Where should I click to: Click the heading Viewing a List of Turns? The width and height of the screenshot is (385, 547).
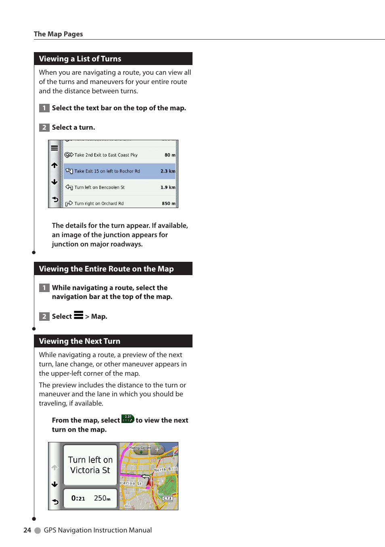80,59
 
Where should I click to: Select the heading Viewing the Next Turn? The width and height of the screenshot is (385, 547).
80,341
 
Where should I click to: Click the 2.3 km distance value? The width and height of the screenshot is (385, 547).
168,171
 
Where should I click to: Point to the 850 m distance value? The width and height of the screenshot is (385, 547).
169,204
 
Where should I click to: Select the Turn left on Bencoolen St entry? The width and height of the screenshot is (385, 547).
99,187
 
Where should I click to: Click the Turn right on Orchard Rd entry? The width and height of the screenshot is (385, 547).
99,204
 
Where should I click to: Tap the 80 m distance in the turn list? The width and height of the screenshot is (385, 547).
170,155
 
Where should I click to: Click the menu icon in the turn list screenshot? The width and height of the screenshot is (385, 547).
54,148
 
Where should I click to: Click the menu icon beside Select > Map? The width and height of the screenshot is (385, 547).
79,315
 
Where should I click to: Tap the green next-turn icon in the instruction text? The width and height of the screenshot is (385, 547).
128,419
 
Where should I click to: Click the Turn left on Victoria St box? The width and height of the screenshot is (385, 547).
90,465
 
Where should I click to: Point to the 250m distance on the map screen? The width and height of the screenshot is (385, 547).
102,499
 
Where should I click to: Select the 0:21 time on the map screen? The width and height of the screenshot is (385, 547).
78,499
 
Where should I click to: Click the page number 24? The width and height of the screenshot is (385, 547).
27,530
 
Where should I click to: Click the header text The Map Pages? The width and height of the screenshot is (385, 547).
58,34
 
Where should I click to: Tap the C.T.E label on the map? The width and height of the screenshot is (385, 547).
167,499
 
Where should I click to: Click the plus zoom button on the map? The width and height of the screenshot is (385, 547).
157,449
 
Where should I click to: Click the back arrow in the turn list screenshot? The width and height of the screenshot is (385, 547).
55,200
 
